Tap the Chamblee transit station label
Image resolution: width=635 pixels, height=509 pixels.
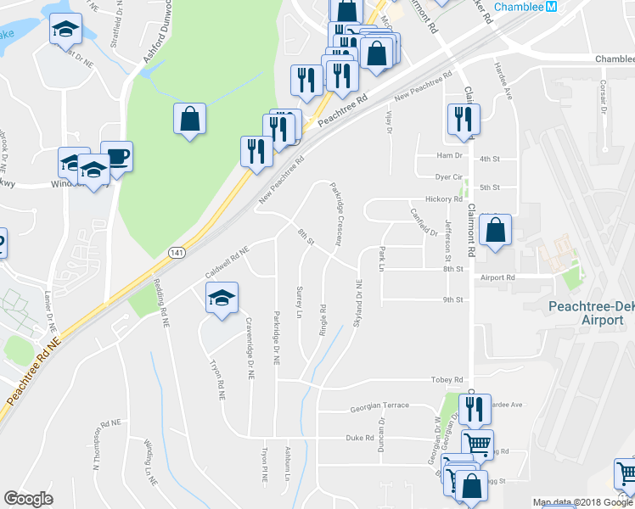518,7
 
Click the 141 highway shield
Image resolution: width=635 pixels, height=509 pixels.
176,253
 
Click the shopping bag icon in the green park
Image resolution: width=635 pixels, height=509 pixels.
190,120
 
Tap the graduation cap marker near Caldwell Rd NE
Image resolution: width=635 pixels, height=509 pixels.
222,299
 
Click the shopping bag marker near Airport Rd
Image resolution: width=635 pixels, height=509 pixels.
496,231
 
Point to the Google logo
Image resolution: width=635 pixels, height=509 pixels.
28,499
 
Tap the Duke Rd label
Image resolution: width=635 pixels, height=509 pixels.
360,438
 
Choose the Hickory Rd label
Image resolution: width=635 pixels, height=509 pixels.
445,199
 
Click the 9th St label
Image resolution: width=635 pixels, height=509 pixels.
452,300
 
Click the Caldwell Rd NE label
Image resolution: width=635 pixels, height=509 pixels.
228,261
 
